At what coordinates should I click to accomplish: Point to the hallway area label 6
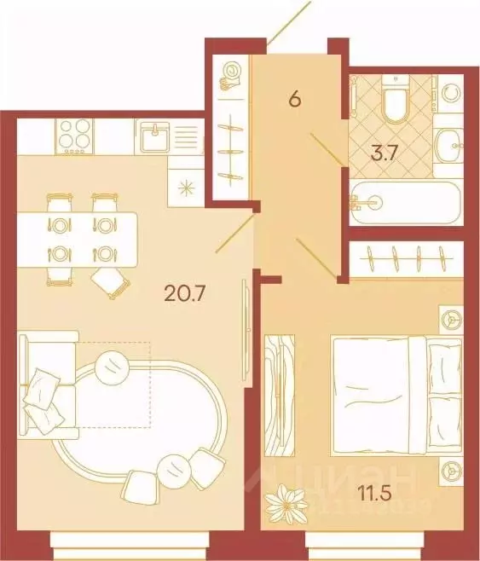[x=295, y=99]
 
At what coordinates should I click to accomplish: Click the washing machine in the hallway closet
[x=230, y=77]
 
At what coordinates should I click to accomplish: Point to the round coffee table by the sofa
[x=113, y=367]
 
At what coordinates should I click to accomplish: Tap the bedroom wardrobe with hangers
[x=405, y=254]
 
